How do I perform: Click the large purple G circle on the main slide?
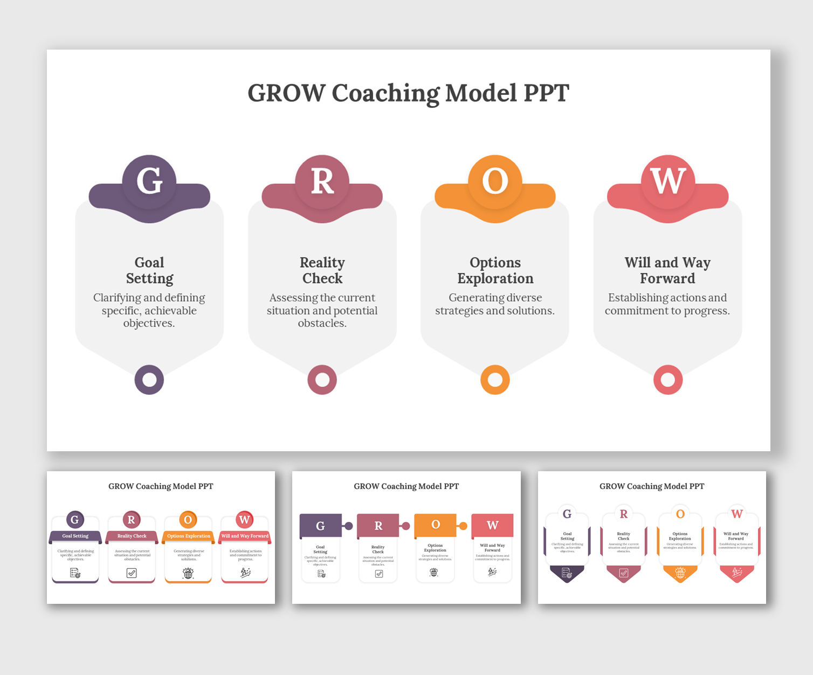pos(149,181)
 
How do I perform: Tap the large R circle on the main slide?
pos(322,181)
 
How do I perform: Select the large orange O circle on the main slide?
pos(495,181)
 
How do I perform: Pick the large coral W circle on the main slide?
pos(668,181)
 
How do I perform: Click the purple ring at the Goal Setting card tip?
pos(149,380)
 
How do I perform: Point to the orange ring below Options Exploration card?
pos(495,380)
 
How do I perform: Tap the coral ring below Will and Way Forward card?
pos(668,380)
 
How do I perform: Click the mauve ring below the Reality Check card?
pos(322,380)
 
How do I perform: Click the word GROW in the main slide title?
pos(286,93)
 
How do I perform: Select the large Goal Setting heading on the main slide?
pos(149,270)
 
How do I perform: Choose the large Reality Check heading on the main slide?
pos(322,270)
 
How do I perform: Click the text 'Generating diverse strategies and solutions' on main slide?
pos(495,304)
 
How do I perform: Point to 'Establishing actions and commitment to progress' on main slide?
pos(667,304)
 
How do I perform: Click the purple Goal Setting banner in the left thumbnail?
pos(75,536)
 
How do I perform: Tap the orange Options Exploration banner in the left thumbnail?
pos(189,536)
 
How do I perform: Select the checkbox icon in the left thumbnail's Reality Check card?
pos(132,573)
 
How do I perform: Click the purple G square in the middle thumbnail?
pos(320,526)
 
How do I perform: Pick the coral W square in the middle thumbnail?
pos(492,525)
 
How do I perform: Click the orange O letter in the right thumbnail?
pos(680,514)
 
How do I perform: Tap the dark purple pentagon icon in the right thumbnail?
pos(567,573)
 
